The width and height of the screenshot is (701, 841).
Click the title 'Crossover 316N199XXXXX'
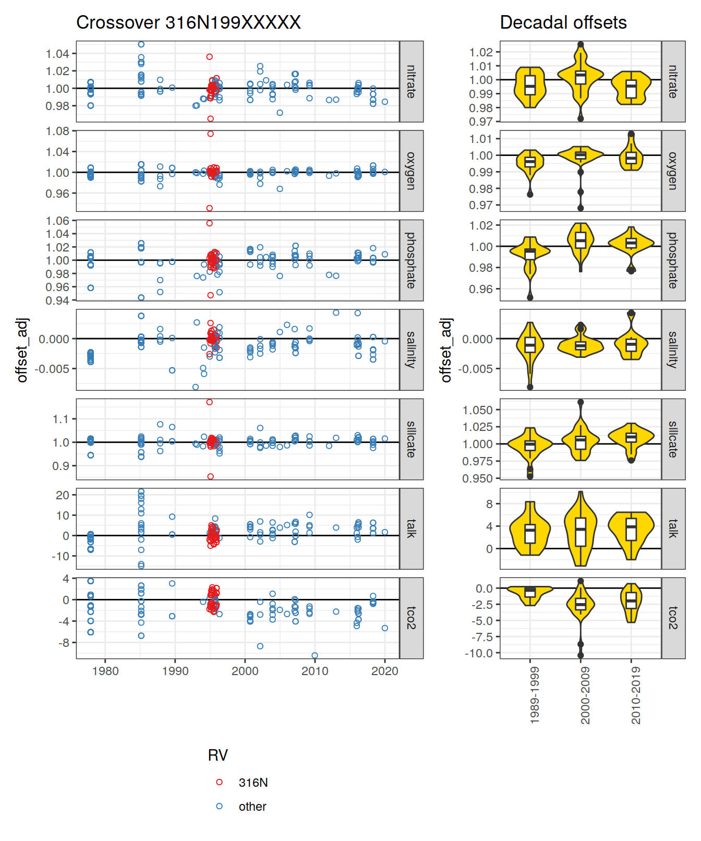point(188,22)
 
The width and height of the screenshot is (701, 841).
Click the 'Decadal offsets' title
point(563,22)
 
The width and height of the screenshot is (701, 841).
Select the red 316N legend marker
point(219,782)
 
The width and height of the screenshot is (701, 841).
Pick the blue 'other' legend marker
point(219,806)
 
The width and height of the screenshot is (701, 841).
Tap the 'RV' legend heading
point(217,755)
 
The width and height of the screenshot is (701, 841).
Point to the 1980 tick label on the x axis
point(105,671)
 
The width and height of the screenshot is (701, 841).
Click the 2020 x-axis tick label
point(384,671)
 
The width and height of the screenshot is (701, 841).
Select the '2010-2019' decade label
point(636,695)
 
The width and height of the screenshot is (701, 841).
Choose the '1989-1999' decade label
point(535,695)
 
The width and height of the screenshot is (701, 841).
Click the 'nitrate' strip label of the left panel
point(411,81)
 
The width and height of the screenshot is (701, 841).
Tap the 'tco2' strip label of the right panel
point(673,618)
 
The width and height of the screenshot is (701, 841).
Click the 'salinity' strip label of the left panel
point(411,350)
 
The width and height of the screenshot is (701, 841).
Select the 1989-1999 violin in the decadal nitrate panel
point(530,86)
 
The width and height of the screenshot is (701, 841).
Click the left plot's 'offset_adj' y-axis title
point(22,350)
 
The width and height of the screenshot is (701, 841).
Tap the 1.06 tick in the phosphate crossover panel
point(57,221)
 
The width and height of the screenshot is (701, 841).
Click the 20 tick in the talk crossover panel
point(63,495)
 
